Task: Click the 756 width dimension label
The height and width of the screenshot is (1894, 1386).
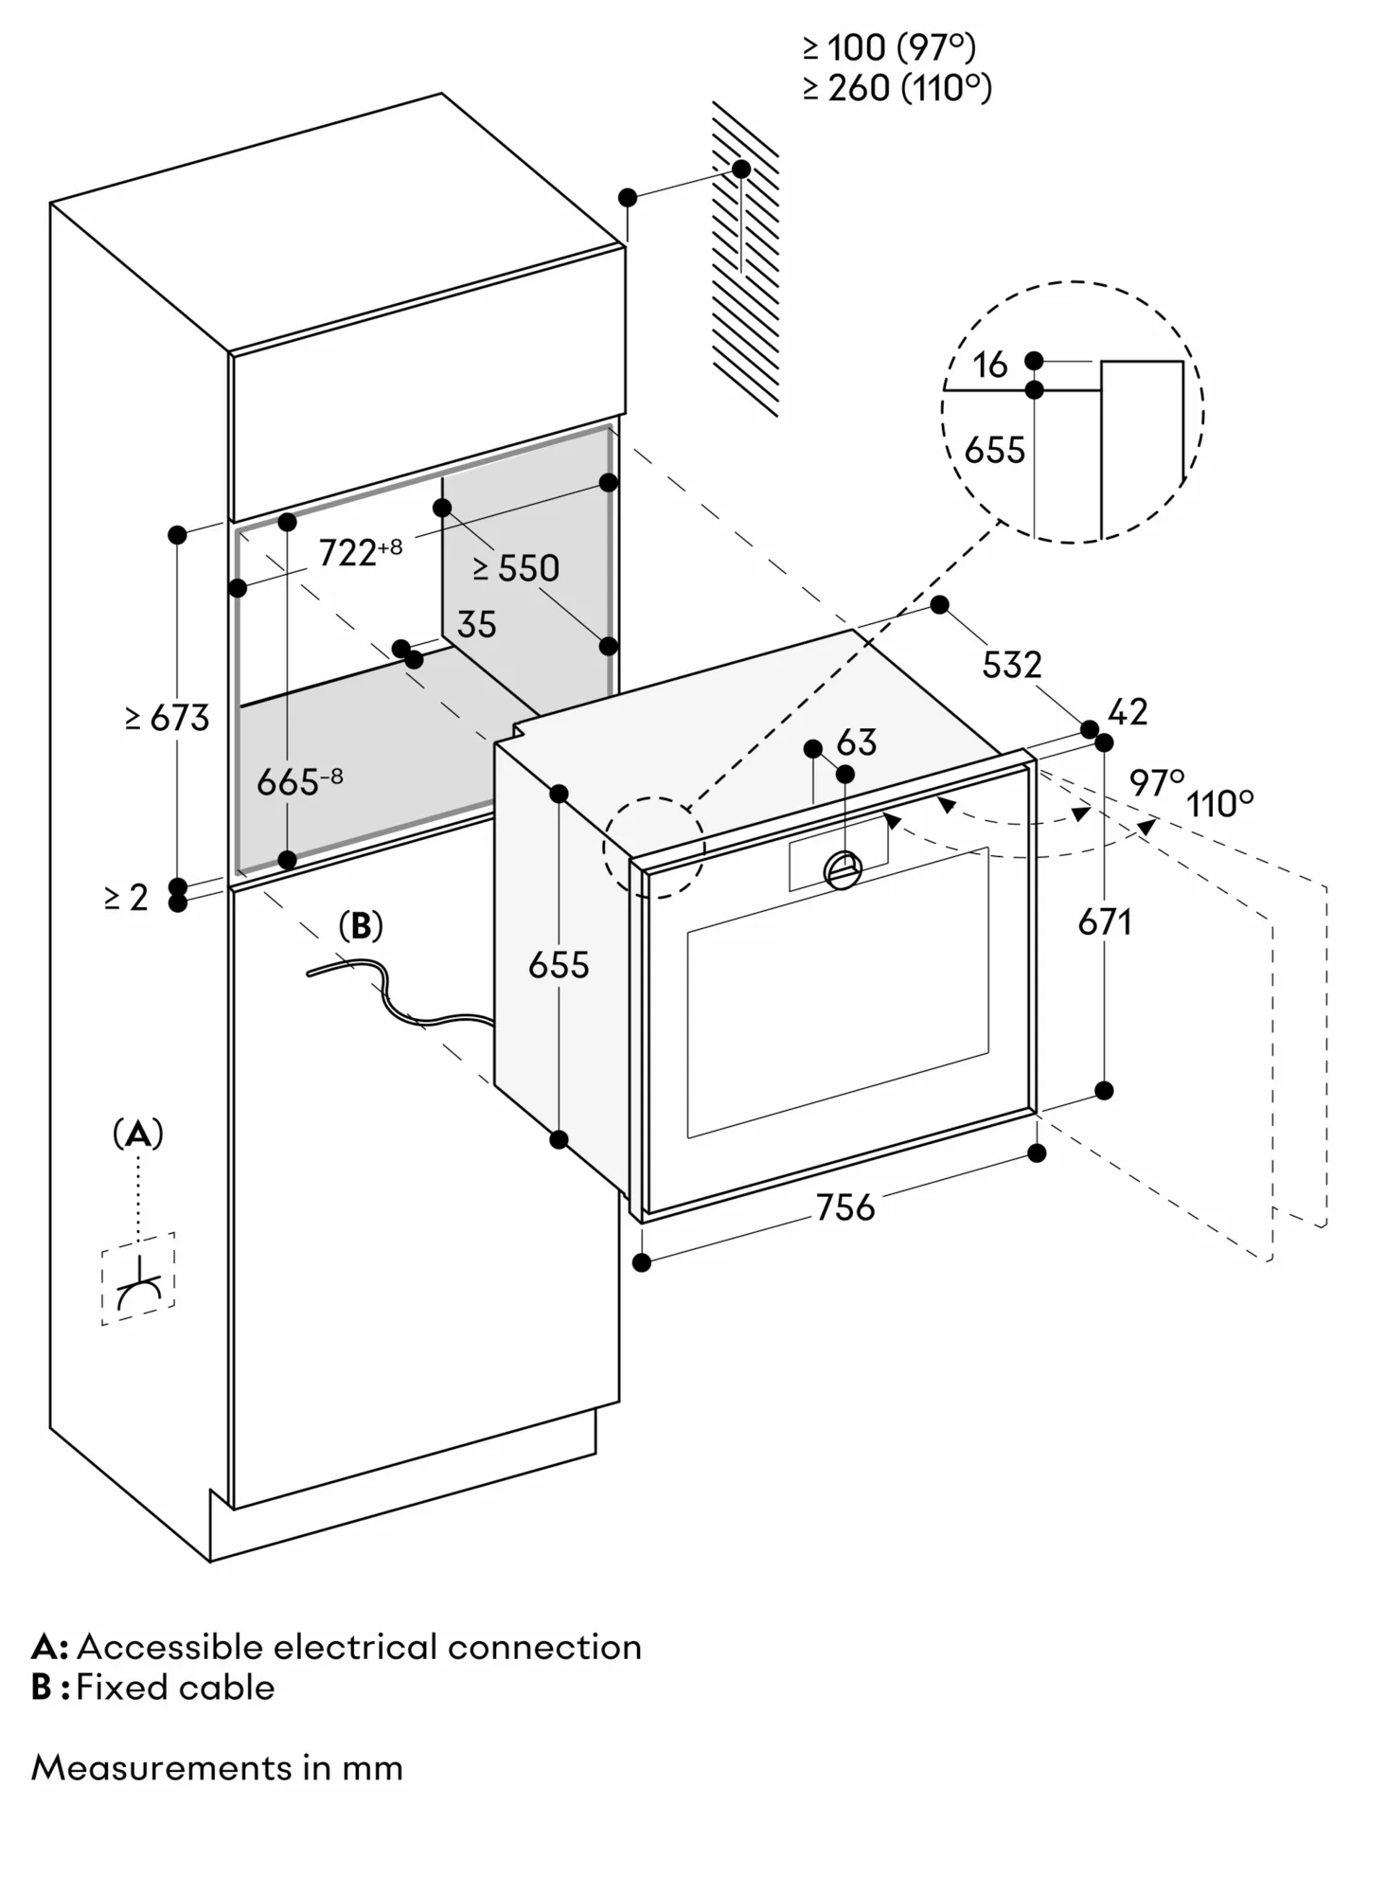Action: (x=845, y=1207)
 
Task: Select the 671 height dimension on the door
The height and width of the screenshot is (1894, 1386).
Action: (x=1105, y=921)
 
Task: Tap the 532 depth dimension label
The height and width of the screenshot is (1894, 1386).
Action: (x=1011, y=665)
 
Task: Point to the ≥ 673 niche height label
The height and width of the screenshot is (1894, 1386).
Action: (x=167, y=718)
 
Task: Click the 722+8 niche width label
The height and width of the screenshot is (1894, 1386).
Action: (x=360, y=551)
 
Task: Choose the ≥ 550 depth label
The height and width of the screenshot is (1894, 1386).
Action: (x=516, y=568)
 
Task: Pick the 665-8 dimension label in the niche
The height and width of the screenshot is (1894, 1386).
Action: (x=299, y=782)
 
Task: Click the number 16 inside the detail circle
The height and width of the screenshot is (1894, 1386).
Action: (x=990, y=366)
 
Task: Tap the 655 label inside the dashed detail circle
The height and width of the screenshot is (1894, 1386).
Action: (x=994, y=451)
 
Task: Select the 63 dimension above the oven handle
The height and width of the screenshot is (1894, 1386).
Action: (x=857, y=742)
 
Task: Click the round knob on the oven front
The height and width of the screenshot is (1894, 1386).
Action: (x=843, y=869)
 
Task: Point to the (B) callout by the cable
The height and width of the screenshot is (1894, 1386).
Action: (x=361, y=925)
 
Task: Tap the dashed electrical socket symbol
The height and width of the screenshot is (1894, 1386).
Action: (x=138, y=1278)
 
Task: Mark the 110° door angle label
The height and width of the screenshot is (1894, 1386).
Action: (x=1220, y=805)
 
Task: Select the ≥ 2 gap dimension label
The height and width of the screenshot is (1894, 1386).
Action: (x=126, y=897)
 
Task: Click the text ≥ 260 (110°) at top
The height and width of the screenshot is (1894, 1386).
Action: (x=897, y=88)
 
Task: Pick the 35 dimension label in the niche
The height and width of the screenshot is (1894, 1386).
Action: (x=476, y=625)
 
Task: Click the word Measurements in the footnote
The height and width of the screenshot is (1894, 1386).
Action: (x=162, y=1768)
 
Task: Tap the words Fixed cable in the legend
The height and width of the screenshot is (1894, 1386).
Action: (x=175, y=1688)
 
